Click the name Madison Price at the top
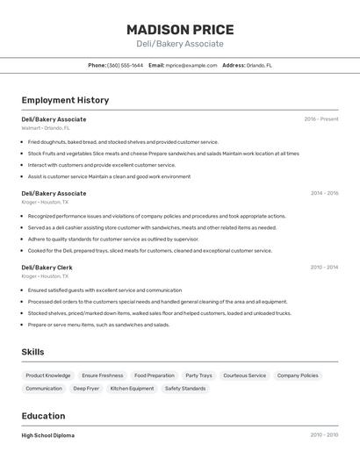click(x=180, y=30)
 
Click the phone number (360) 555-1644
click(x=125, y=65)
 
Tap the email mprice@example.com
click(x=191, y=65)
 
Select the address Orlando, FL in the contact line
click(x=259, y=65)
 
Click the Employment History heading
click(x=66, y=99)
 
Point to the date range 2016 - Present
click(x=320, y=118)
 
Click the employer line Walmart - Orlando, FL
click(x=44, y=127)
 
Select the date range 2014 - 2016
click(x=324, y=193)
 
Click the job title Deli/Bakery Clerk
click(x=47, y=268)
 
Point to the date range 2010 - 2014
click(x=324, y=268)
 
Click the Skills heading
click(x=33, y=352)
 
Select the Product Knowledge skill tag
click(x=48, y=376)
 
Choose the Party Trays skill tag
click(x=198, y=376)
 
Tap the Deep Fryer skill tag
click(x=86, y=388)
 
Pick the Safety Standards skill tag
click(x=185, y=388)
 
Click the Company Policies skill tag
click(x=298, y=376)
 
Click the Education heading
click(x=43, y=416)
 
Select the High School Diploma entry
click(x=48, y=435)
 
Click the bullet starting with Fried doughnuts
click(x=123, y=141)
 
